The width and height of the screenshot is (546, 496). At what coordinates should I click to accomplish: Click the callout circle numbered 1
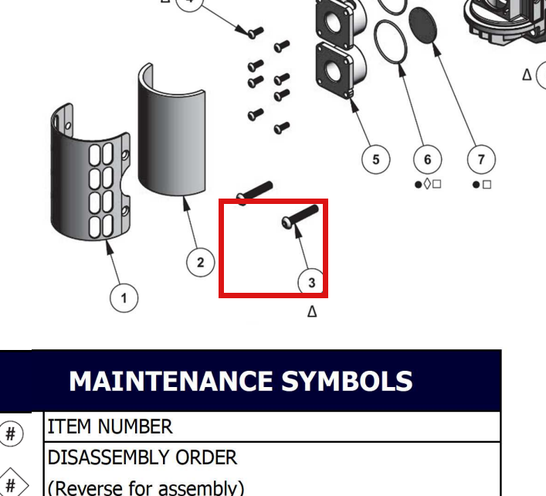coord(124,297)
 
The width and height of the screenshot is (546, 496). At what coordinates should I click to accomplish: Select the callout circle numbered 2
coord(201,262)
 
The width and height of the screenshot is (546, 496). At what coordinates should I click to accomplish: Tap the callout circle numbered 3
coord(312,282)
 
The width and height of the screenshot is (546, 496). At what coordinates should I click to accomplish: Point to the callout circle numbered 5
coord(376,159)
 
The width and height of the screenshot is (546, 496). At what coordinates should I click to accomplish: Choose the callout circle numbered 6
coord(428,159)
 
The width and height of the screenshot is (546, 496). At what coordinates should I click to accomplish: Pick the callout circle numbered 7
coord(481,159)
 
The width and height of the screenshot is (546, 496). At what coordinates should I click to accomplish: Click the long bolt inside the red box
coord(300,216)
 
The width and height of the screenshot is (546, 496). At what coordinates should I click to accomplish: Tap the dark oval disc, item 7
coord(422,25)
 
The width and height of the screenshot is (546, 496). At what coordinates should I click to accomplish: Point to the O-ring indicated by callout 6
coord(390,42)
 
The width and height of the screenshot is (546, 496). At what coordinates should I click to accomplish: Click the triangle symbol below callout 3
coord(312,311)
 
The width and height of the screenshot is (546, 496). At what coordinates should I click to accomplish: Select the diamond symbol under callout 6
coord(427,184)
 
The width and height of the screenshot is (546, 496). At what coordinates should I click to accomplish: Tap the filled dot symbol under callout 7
coord(476,185)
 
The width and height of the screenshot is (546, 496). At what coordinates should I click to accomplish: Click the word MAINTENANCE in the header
coord(171,381)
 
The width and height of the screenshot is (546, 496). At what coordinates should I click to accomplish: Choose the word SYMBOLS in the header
coord(347,381)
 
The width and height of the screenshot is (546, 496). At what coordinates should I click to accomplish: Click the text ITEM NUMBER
coord(110,426)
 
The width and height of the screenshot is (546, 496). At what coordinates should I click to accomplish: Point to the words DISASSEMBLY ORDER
coord(142,457)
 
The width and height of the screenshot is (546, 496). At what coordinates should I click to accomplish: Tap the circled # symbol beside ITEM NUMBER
coord(11,433)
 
